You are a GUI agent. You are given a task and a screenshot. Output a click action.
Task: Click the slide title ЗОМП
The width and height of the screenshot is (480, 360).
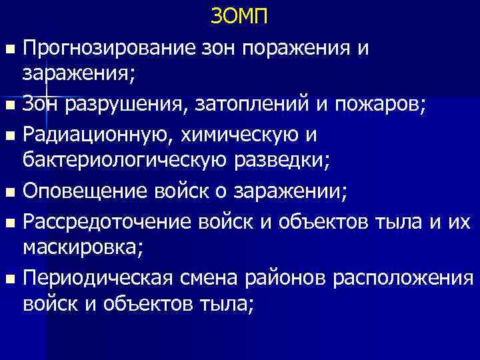239,16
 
